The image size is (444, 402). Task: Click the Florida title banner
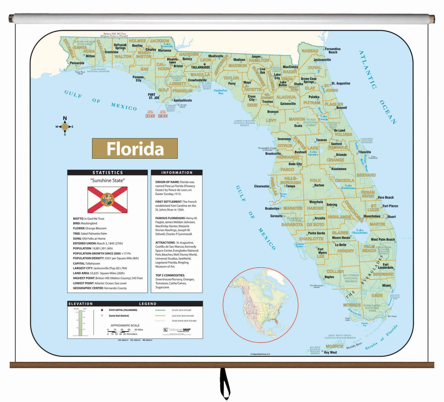pyautogui.click(x=135, y=148)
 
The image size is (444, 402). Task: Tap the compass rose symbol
pyautogui.click(x=65, y=127)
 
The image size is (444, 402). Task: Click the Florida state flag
pyautogui.click(x=107, y=200)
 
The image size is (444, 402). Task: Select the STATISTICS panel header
pyautogui.click(x=107, y=172)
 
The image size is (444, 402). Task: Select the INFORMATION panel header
pyautogui.click(x=176, y=172)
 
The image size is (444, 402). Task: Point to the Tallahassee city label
pyautogui.click(x=200, y=67)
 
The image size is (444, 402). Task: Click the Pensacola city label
pyautogui.click(x=77, y=63)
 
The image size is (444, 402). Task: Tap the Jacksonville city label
pyautogui.click(x=322, y=60)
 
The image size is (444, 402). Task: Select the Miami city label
pyautogui.click(x=386, y=285)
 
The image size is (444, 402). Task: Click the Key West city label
pyautogui.click(x=330, y=352)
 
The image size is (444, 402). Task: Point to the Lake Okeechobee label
pyautogui.click(x=359, y=232)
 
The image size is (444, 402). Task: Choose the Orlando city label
pyautogui.click(x=341, y=155)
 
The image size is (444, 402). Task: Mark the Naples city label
pyautogui.click(x=329, y=277)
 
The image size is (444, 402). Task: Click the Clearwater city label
pyautogui.click(x=262, y=186)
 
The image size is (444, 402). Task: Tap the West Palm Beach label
pyautogui.click(x=383, y=239)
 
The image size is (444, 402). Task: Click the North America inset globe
pyautogui.click(x=260, y=305)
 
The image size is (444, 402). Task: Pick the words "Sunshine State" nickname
pyautogui.click(x=107, y=181)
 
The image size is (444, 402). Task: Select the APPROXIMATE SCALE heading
pyautogui.click(x=125, y=325)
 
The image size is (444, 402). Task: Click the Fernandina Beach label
pyautogui.click(x=333, y=50)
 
